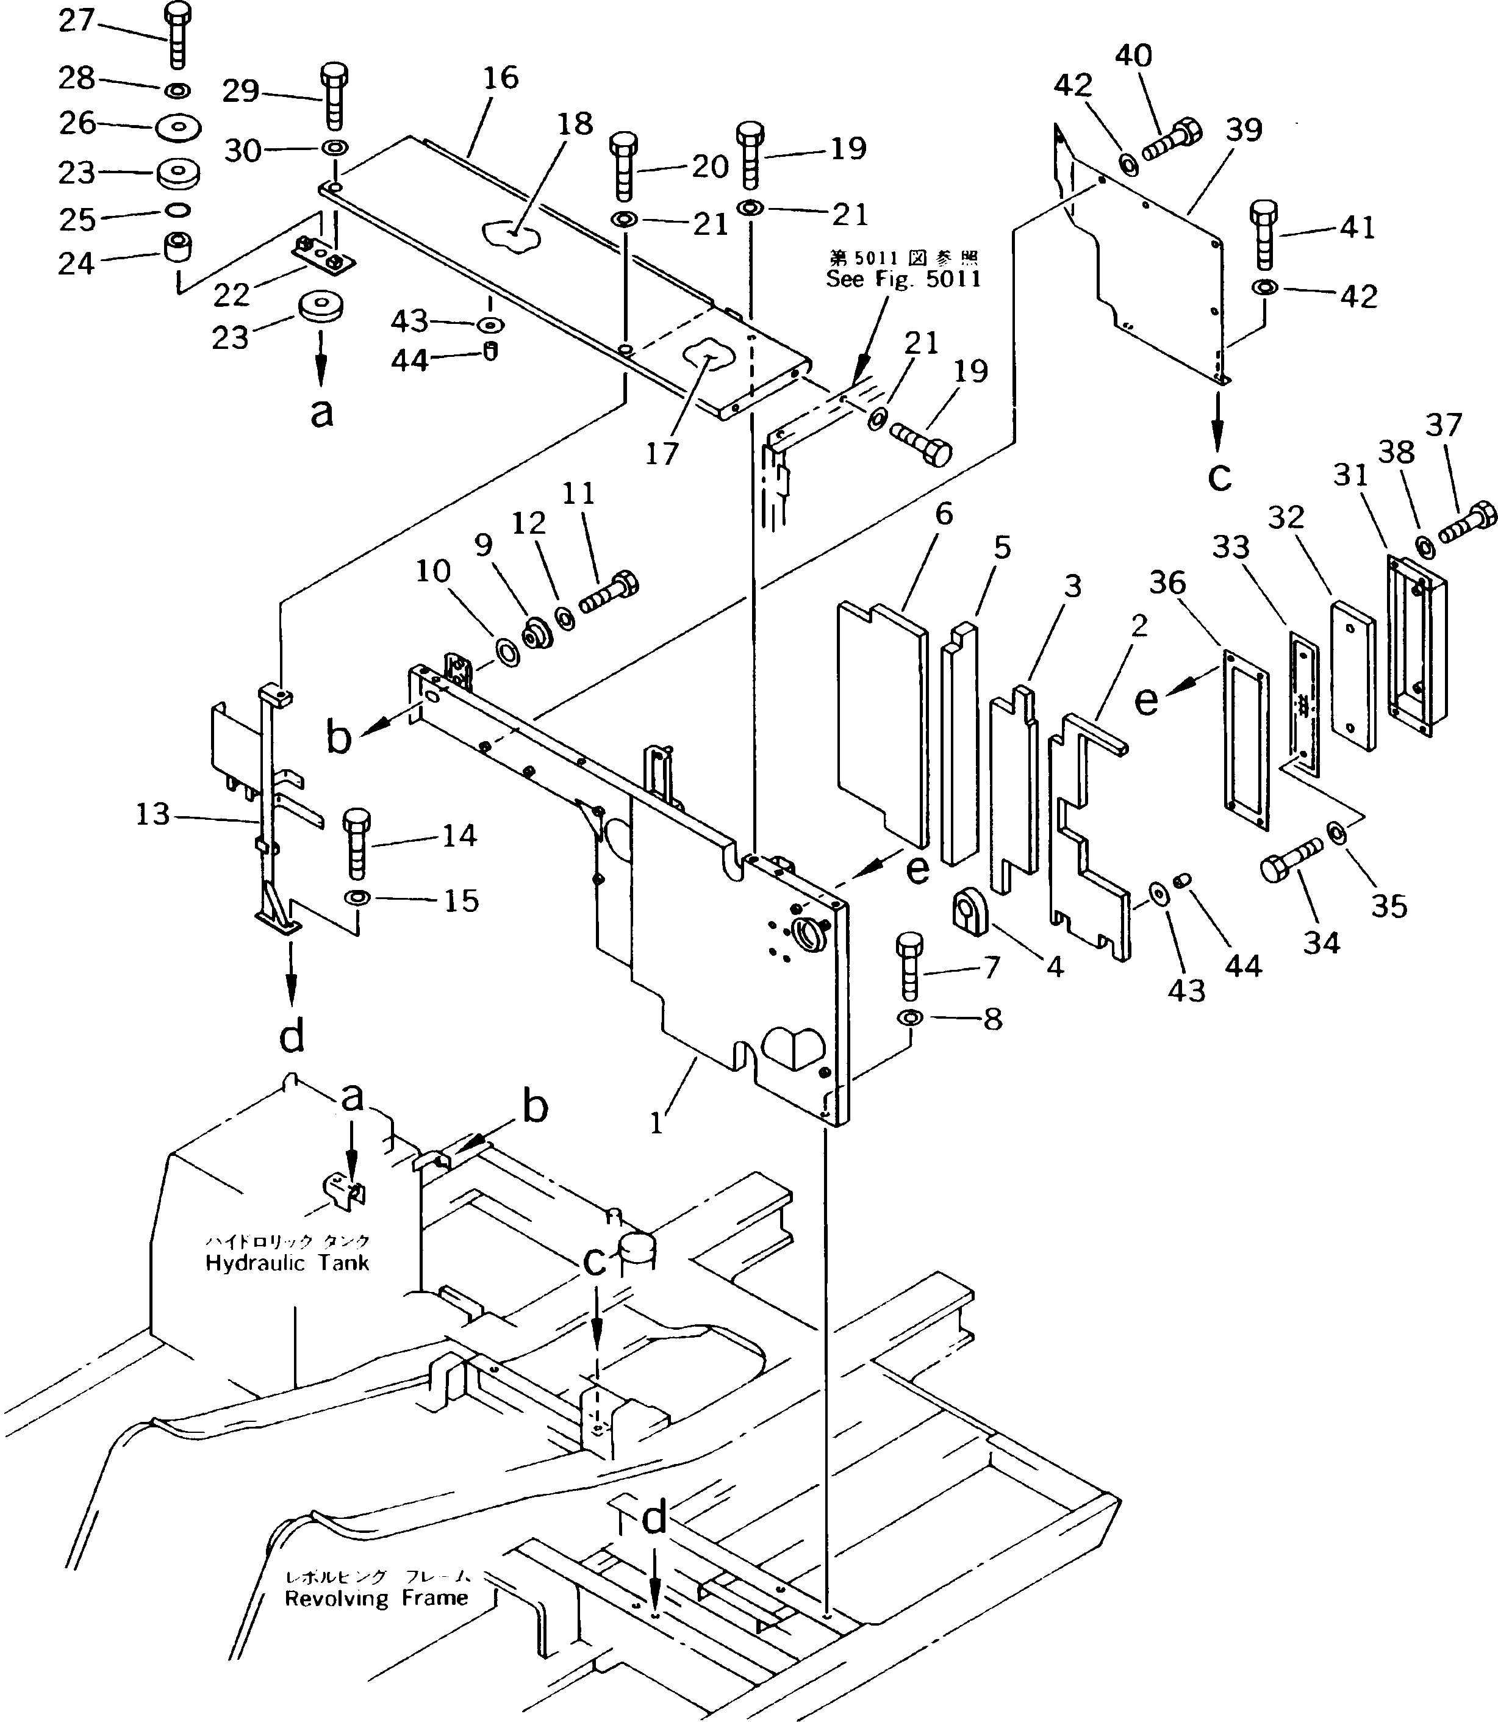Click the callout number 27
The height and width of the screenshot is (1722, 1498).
pos(76,21)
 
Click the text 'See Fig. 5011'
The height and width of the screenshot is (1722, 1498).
pos(903,279)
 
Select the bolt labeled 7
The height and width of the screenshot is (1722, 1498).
pos(909,966)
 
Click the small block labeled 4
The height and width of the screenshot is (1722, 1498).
pos(970,909)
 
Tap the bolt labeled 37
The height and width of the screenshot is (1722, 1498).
pos(1467,522)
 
